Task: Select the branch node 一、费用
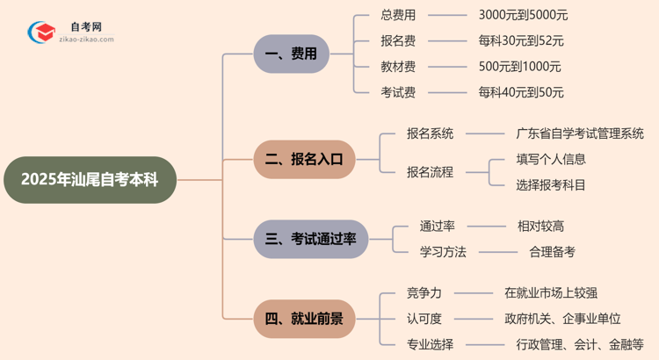click(x=291, y=54)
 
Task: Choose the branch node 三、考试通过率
click(x=310, y=239)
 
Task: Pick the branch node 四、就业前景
click(x=304, y=318)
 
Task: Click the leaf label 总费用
click(x=399, y=15)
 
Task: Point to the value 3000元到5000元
click(x=523, y=15)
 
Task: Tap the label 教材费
click(x=399, y=67)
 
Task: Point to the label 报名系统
click(x=430, y=133)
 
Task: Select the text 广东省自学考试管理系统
click(x=580, y=133)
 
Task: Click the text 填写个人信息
click(x=551, y=159)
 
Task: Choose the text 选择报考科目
click(x=551, y=185)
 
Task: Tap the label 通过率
click(x=437, y=226)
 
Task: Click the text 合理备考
click(x=552, y=252)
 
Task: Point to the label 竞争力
click(x=424, y=292)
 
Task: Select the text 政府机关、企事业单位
click(x=563, y=318)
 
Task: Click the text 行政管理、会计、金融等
click(x=580, y=344)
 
